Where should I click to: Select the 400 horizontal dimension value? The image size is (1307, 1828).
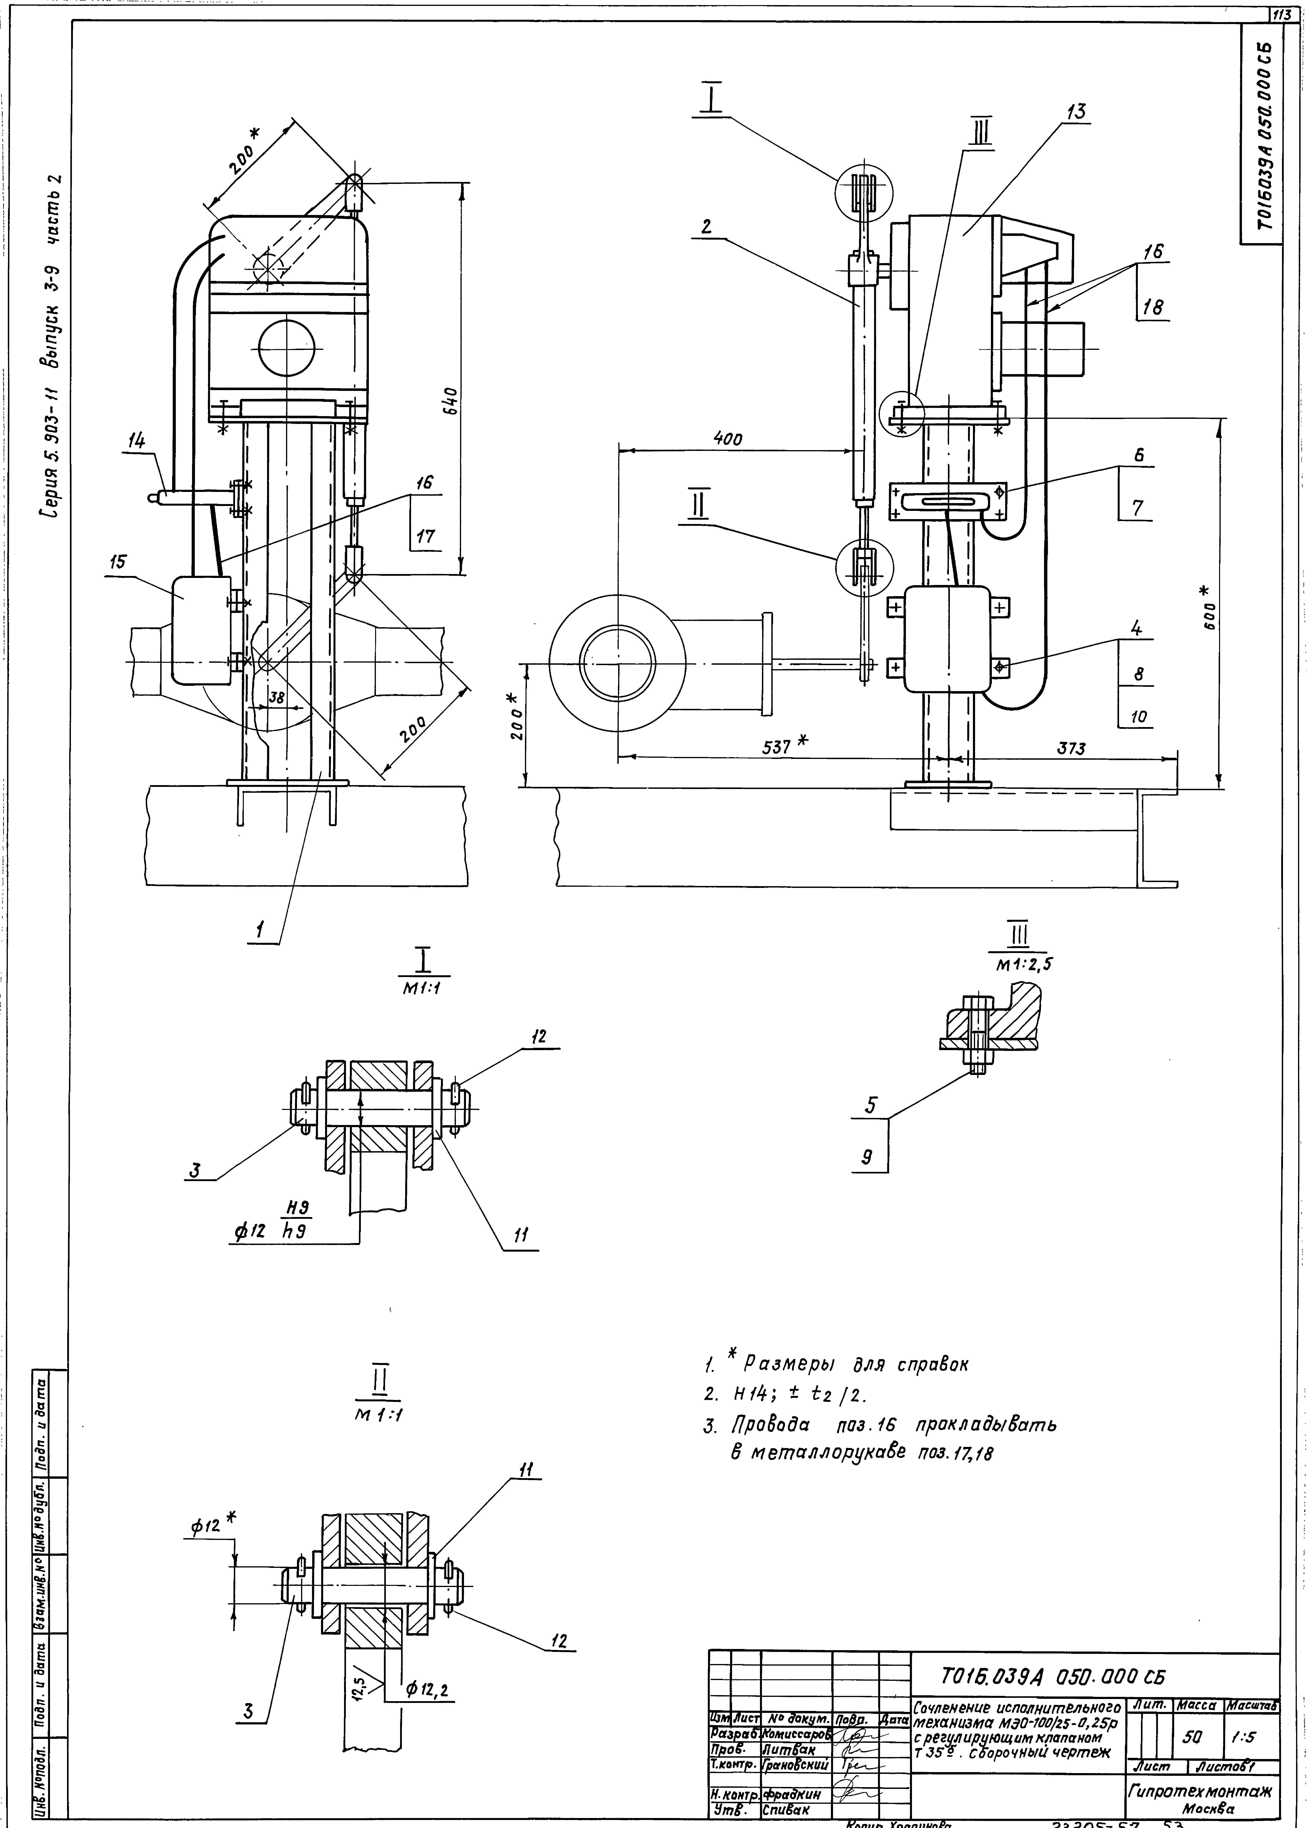coord(728,439)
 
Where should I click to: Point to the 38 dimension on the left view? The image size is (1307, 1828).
coord(276,698)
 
